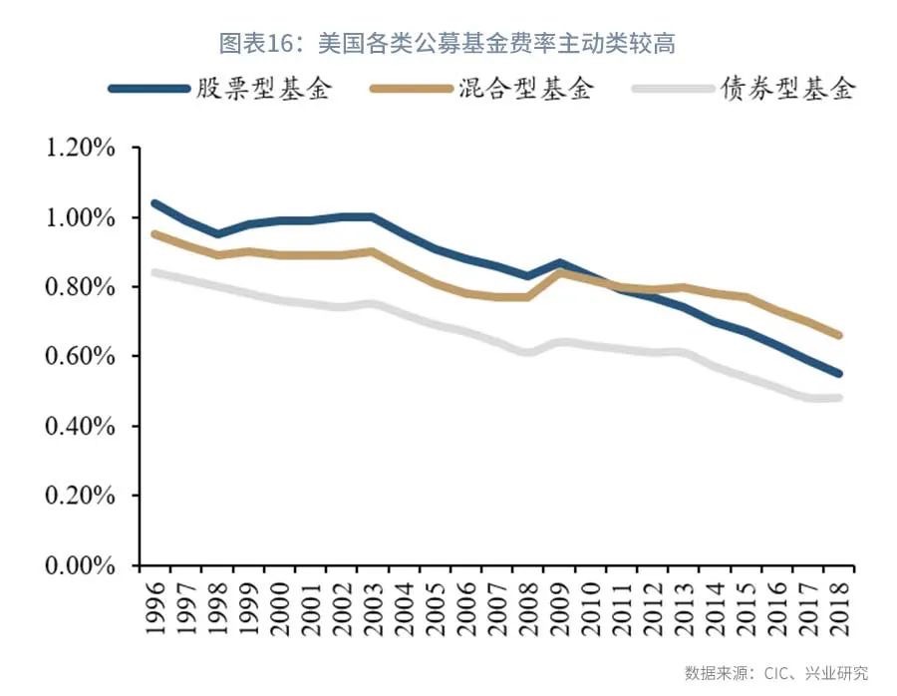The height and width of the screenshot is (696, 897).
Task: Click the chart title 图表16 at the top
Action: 448,43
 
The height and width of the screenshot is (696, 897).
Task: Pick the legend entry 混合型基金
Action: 526,89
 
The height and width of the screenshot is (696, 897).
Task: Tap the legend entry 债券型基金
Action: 788,89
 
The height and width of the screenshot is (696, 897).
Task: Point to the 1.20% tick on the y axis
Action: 78,148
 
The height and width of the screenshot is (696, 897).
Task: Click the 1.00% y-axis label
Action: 78,217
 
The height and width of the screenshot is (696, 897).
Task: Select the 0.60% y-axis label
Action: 78,357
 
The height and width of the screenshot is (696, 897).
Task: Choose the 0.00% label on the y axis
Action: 78,565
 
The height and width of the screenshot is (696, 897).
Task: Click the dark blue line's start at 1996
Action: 154,203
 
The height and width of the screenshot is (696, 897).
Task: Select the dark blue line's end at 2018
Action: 839,374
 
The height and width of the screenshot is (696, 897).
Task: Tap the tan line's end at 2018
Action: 839,336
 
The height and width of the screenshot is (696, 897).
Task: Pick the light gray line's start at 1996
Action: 154,273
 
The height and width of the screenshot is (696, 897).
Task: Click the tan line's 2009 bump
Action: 559,271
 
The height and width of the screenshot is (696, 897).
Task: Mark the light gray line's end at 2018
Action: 839,398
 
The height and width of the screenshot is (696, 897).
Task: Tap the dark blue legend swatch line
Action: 149,89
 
